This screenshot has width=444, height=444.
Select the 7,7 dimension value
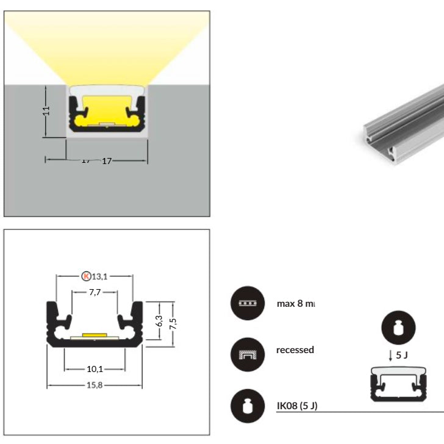95,292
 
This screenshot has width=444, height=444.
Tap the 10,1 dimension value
95,368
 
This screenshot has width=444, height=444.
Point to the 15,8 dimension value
95,385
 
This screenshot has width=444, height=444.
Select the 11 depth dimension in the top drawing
47,111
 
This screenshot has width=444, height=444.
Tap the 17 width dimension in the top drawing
107,161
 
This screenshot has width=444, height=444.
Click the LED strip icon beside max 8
246,303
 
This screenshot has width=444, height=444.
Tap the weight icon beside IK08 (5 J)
246,406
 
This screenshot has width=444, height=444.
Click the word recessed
295,350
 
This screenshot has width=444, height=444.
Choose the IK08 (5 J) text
296,406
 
